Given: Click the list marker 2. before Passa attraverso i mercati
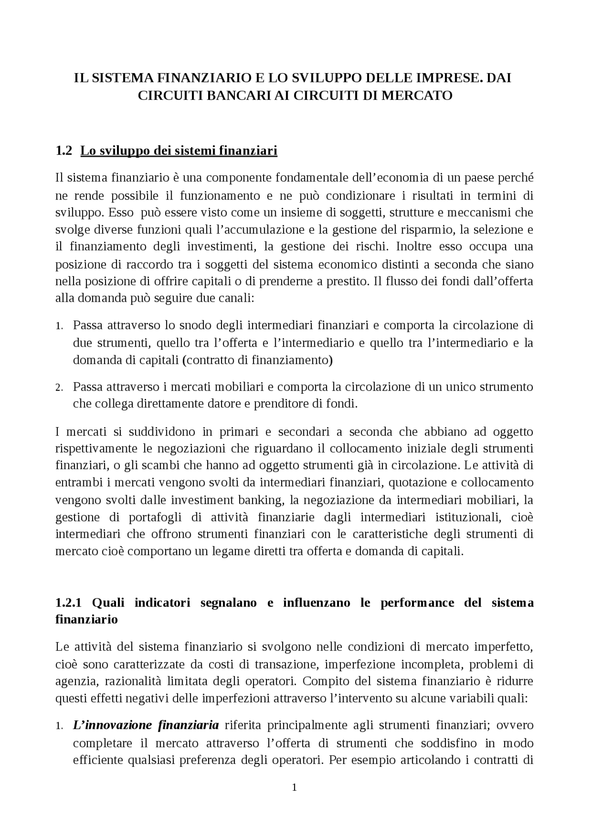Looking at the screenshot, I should click(59, 387).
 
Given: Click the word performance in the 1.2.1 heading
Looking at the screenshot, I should click(418, 602).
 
